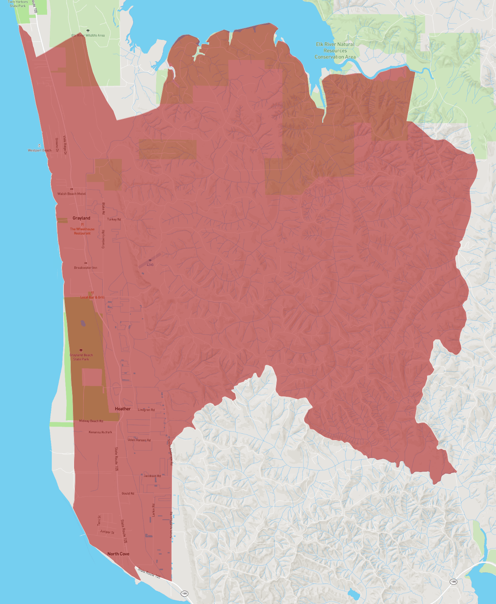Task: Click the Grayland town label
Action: point(81,218)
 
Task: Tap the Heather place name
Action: point(122,409)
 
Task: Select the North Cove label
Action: point(118,554)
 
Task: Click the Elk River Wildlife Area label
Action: point(88,35)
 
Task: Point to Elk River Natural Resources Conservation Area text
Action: point(335,51)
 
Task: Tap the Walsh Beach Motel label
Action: point(72,194)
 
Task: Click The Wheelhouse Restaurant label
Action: point(82,231)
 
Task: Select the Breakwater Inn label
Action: point(86,268)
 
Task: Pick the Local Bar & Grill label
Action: point(92,297)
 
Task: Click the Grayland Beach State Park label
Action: point(81,357)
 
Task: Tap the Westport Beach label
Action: point(40,150)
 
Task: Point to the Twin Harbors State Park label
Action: point(18,4)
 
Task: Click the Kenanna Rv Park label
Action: point(100,432)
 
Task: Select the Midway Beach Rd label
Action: point(91,421)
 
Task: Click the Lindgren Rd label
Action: point(146,410)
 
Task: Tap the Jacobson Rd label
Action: point(152,476)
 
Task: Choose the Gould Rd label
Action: point(128,493)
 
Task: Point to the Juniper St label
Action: point(107,532)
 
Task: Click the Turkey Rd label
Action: point(114,219)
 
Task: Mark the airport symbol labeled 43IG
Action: point(150,260)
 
